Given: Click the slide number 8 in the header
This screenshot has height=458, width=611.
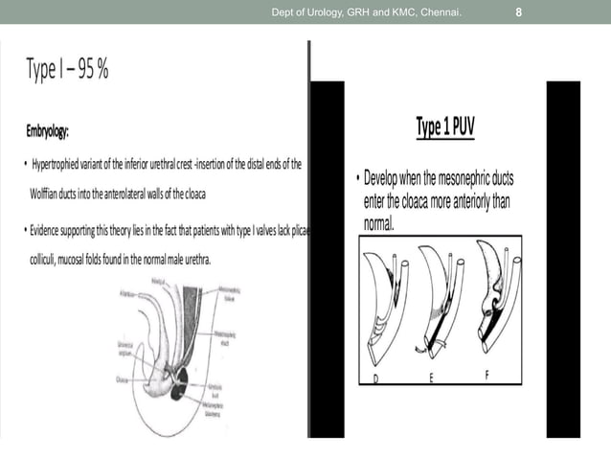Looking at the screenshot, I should [x=518, y=11].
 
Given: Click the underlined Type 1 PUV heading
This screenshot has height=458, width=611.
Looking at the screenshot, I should [x=445, y=127].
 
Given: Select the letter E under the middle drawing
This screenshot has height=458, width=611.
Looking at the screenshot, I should [x=431, y=378].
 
